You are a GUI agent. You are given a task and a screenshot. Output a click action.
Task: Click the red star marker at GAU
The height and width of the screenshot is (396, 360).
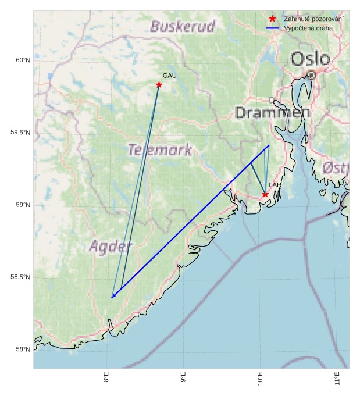[159, 85]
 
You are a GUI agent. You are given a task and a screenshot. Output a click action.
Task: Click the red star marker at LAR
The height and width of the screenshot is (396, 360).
[265, 194]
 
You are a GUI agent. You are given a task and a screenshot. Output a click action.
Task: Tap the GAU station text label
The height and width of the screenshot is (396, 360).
[169, 76]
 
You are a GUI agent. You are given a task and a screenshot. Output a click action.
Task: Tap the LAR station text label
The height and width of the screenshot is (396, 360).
[275, 185]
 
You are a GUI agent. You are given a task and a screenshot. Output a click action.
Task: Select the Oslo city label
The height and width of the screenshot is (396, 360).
[310, 59]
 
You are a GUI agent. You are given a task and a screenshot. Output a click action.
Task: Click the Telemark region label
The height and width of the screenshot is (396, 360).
[160, 150]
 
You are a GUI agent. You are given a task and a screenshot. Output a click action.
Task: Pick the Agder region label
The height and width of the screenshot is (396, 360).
[111, 247]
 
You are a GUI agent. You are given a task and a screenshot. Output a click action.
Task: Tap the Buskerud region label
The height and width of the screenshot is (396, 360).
[183, 26]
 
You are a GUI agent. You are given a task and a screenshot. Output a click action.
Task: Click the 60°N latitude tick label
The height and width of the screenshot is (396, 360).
[22, 60]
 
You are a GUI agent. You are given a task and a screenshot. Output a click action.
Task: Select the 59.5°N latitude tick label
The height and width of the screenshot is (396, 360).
[20, 133]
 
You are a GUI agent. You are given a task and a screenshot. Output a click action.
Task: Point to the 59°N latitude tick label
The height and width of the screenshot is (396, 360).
[22, 205]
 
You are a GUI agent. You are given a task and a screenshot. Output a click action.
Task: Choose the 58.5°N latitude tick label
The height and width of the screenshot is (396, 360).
[20, 277]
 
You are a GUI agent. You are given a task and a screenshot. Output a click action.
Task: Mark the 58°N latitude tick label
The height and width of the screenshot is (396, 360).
[22, 349]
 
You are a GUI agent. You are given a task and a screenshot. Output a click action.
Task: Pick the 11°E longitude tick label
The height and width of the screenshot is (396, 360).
[337, 381]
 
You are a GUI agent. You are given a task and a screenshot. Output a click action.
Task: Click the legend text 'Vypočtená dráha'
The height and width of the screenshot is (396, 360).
[308, 28]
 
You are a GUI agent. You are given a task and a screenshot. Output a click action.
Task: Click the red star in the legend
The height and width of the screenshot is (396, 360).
[272, 19]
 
